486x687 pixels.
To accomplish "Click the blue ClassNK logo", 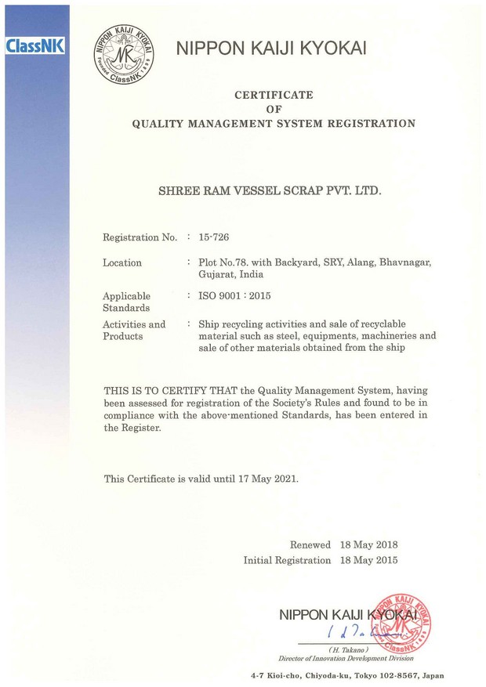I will point(34,46).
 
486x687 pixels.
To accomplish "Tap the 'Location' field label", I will point(122,263).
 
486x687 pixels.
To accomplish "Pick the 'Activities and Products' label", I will point(133,330).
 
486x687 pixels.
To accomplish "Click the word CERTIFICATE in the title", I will point(274,95).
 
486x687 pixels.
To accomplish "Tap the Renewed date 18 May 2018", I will point(369,544).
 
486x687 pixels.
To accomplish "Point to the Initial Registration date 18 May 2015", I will point(369,560).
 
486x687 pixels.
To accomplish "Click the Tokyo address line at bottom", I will point(347,674).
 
